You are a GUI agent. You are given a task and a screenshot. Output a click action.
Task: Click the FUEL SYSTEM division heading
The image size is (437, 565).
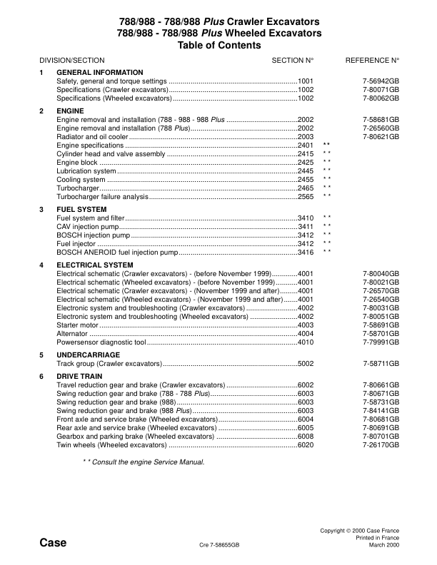pos(81,209)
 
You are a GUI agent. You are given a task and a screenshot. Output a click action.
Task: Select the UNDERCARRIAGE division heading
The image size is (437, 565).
pos(88,355)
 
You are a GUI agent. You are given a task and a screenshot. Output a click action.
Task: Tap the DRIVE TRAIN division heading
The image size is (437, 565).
pos(79,376)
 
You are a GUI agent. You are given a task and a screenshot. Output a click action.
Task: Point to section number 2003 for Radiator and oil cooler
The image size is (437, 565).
pos(306,136)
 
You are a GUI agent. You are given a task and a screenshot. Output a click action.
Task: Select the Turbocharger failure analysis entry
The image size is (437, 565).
pos(102,196)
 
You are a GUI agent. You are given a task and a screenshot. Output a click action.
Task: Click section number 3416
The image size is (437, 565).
pos(306,252)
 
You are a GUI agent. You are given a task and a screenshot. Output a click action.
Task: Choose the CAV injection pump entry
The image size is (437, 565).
pos(91,226)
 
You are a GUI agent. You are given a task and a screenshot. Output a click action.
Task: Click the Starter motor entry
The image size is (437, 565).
pos(76,325)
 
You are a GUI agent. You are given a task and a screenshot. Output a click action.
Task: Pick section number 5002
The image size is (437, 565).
pos(306,363)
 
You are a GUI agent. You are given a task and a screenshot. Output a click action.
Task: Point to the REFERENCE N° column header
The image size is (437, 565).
pos(372,61)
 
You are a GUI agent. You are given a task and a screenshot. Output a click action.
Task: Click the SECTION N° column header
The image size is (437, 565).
pos(293,61)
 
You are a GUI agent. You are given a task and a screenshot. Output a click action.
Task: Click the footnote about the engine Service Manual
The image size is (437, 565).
pos(144,462)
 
